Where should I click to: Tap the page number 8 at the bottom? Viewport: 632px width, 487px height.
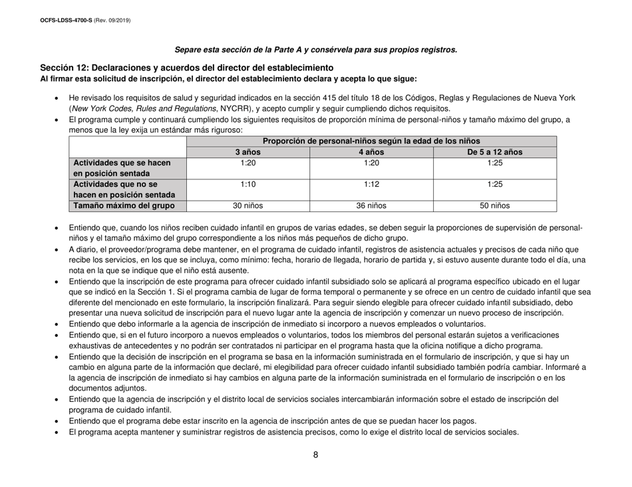[315, 455]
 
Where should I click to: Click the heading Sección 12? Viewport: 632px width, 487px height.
[186, 68]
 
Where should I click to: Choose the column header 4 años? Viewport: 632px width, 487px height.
[371, 152]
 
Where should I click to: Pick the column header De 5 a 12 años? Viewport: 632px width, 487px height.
[495, 152]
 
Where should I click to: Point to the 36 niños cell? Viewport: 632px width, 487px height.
[371, 206]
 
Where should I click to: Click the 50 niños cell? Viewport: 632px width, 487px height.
[495, 206]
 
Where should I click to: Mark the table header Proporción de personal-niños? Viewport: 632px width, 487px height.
[371, 141]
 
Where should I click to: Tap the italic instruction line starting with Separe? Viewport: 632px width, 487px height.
[315, 49]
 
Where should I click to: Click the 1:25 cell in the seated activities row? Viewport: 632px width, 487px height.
[495, 163]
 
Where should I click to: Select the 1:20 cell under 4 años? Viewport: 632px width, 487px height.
[371, 163]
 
